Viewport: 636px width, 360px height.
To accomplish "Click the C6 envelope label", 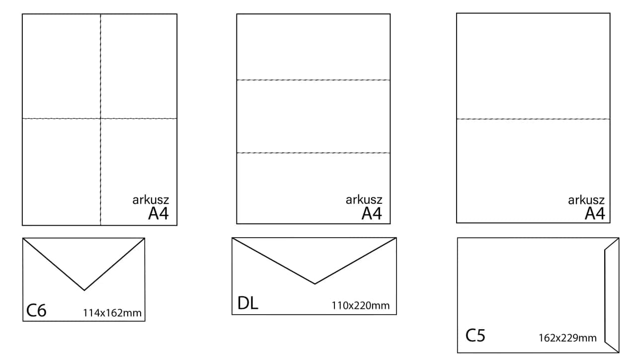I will point(36,310).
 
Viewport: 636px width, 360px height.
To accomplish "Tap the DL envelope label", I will point(248,303).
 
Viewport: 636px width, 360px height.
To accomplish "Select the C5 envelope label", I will point(475,335).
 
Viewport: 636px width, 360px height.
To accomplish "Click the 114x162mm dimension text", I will point(112,313).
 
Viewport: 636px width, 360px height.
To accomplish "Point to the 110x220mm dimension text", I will point(361,305).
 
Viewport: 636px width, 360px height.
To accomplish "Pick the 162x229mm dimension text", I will point(567,338).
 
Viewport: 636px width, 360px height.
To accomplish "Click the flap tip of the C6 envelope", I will point(84,289).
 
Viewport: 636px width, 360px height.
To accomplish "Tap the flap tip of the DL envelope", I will point(315,283).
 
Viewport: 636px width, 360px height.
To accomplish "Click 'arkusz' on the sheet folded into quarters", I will point(151,200).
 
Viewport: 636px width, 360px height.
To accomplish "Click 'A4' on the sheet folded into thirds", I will point(372,214).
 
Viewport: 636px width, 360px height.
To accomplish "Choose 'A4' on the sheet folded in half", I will point(595,214).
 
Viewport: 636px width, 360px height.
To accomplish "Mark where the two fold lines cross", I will point(101,118).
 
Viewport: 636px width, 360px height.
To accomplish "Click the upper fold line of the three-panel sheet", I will point(313,80).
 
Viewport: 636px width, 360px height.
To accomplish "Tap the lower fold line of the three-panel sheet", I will point(313,152).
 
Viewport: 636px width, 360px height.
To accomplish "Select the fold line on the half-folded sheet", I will point(533,119).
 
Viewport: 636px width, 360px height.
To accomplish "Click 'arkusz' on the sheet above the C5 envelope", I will point(586,200).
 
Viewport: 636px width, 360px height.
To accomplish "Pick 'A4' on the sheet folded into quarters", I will point(159,214).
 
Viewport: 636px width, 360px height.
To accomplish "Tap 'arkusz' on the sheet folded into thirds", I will point(364,200).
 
